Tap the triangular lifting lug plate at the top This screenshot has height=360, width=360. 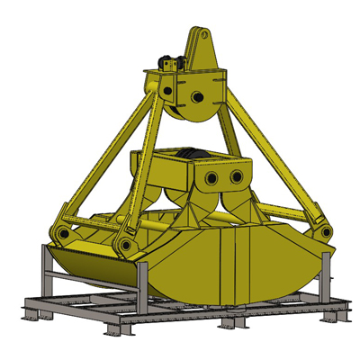(x=200, y=49)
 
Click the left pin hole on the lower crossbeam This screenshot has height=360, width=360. (x=213, y=177)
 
